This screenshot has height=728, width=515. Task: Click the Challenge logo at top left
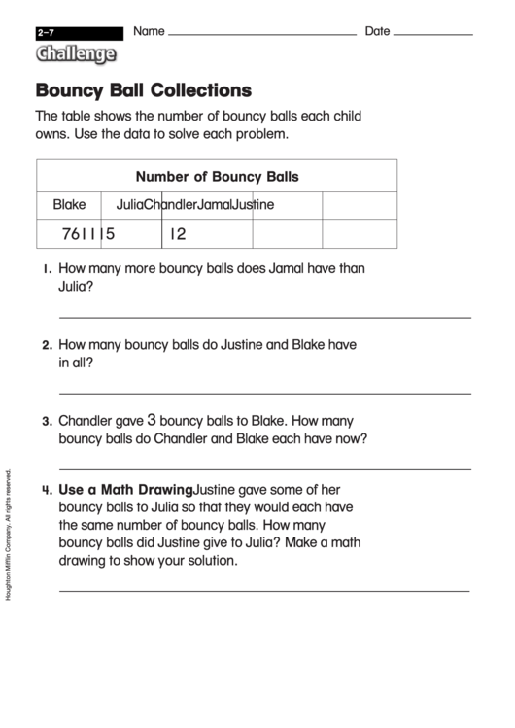click(75, 54)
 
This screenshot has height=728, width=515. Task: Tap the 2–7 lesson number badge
click(46, 33)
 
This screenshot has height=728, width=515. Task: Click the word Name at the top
click(149, 31)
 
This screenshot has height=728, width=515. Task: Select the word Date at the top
click(377, 31)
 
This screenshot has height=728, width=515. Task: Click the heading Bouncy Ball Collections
click(144, 90)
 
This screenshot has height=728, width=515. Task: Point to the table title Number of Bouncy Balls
click(217, 177)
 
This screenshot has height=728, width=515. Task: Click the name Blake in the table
click(69, 204)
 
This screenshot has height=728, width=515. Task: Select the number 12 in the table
click(177, 233)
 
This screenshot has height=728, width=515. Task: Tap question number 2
click(46, 345)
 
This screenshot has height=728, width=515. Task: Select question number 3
click(46, 422)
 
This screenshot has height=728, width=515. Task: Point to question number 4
click(46, 491)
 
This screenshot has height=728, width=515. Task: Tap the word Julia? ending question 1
click(77, 287)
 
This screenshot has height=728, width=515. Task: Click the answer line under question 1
click(265, 317)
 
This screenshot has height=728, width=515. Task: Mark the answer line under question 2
click(265, 393)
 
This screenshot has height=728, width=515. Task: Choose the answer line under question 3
click(265, 468)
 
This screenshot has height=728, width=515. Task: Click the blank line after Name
click(262, 35)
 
